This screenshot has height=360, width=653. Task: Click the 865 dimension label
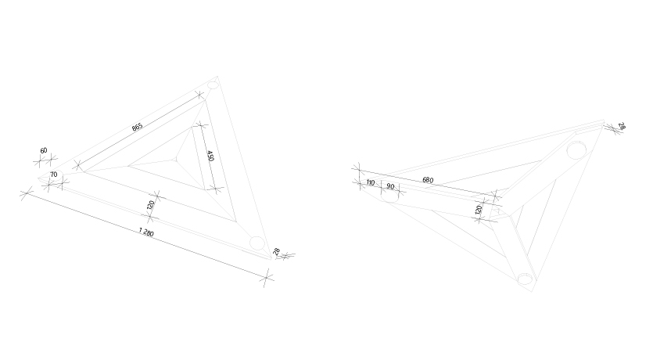(138, 127)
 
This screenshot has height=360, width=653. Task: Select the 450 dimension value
(210, 156)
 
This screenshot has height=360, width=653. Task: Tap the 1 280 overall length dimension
(146, 232)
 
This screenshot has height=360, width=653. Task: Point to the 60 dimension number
(44, 150)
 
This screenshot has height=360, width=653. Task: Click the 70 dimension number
(53, 175)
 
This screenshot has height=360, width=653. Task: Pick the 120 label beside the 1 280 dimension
(151, 205)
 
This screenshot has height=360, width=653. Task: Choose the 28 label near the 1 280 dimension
(277, 252)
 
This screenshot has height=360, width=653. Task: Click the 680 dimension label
(428, 180)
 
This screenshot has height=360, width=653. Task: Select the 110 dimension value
(370, 182)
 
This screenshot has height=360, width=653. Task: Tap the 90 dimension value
(390, 186)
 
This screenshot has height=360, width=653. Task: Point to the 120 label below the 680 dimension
(479, 209)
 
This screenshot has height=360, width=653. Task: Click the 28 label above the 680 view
(622, 126)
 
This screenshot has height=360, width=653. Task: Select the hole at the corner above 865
(213, 85)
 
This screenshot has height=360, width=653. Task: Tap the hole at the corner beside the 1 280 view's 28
(257, 243)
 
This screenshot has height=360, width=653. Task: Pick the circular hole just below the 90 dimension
(389, 196)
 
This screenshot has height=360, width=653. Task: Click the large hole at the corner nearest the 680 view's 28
(576, 150)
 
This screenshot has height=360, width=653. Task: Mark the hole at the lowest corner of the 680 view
(525, 279)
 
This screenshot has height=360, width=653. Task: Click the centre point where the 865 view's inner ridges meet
(176, 159)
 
